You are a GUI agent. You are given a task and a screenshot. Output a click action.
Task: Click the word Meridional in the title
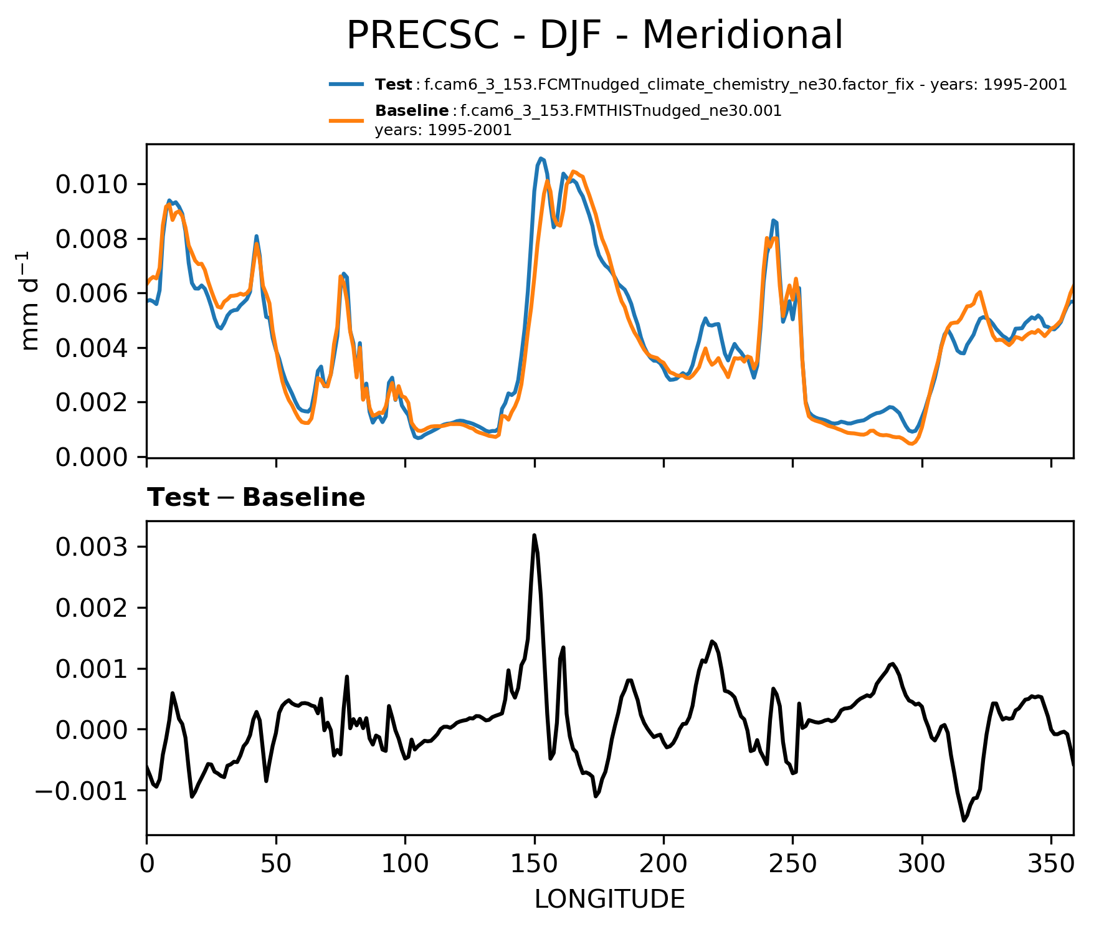pyautogui.click(x=742, y=35)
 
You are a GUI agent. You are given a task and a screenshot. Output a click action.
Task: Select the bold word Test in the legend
pyautogui.click(x=393, y=85)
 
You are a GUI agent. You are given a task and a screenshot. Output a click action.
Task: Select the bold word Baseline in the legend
pyautogui.click(x=412, y=111)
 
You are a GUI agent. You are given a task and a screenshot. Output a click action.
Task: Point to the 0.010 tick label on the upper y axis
pyautogui.click(x=92, y=184)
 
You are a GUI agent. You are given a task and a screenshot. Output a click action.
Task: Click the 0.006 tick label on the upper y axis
pyautogui.click(x=92, y=293)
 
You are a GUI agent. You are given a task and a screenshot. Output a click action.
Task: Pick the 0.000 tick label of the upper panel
pyautogui.click(x=92, y=458)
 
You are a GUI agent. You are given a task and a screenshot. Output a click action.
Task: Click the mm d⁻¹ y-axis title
pyautogui.click(x=29, y=301)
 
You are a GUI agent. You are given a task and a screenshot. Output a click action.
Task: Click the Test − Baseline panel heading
pyautogui.click(x=256, y=498)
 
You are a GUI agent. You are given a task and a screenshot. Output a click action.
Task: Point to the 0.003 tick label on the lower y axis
pyautogui.click(x=92, y=547)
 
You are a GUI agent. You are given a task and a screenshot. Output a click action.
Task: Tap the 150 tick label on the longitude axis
pyautogui.click(x=534, y=865)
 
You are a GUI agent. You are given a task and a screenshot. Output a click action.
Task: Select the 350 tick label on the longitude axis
pyautogui.click(x=1051, y=865)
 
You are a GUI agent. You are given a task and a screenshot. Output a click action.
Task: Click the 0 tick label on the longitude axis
pyautogui.click(x=146, y=865)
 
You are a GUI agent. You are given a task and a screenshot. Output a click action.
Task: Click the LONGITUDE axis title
pyautogui.click(x=609, y=899)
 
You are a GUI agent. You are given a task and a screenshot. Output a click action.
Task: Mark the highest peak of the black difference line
pyautogui.click(x=534, y=535)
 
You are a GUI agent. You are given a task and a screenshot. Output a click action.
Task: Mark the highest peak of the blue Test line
pyautogui.click(x=541, y=158)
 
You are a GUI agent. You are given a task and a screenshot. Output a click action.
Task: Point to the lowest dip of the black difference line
pyautogui.click(x=964, y=820)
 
